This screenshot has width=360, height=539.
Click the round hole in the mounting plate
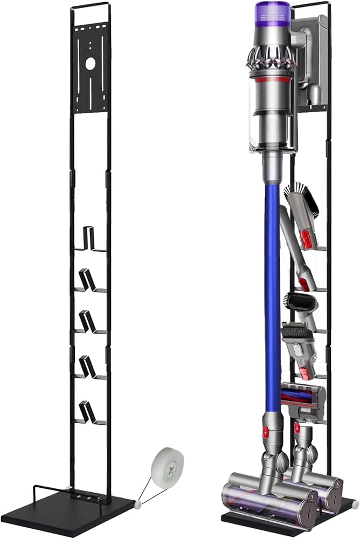coord(89,64)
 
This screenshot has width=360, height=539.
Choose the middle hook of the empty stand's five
coord(87,321)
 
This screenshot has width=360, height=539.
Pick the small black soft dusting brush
coord(301,302)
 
